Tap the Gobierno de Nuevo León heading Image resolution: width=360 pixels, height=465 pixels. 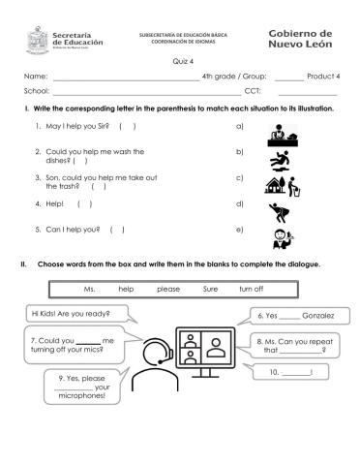coord(301,39)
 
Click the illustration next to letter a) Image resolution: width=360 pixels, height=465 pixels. coord(279,133)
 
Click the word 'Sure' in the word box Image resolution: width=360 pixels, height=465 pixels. coord(210,289)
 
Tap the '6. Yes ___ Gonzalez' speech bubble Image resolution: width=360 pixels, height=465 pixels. coord(297,316)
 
